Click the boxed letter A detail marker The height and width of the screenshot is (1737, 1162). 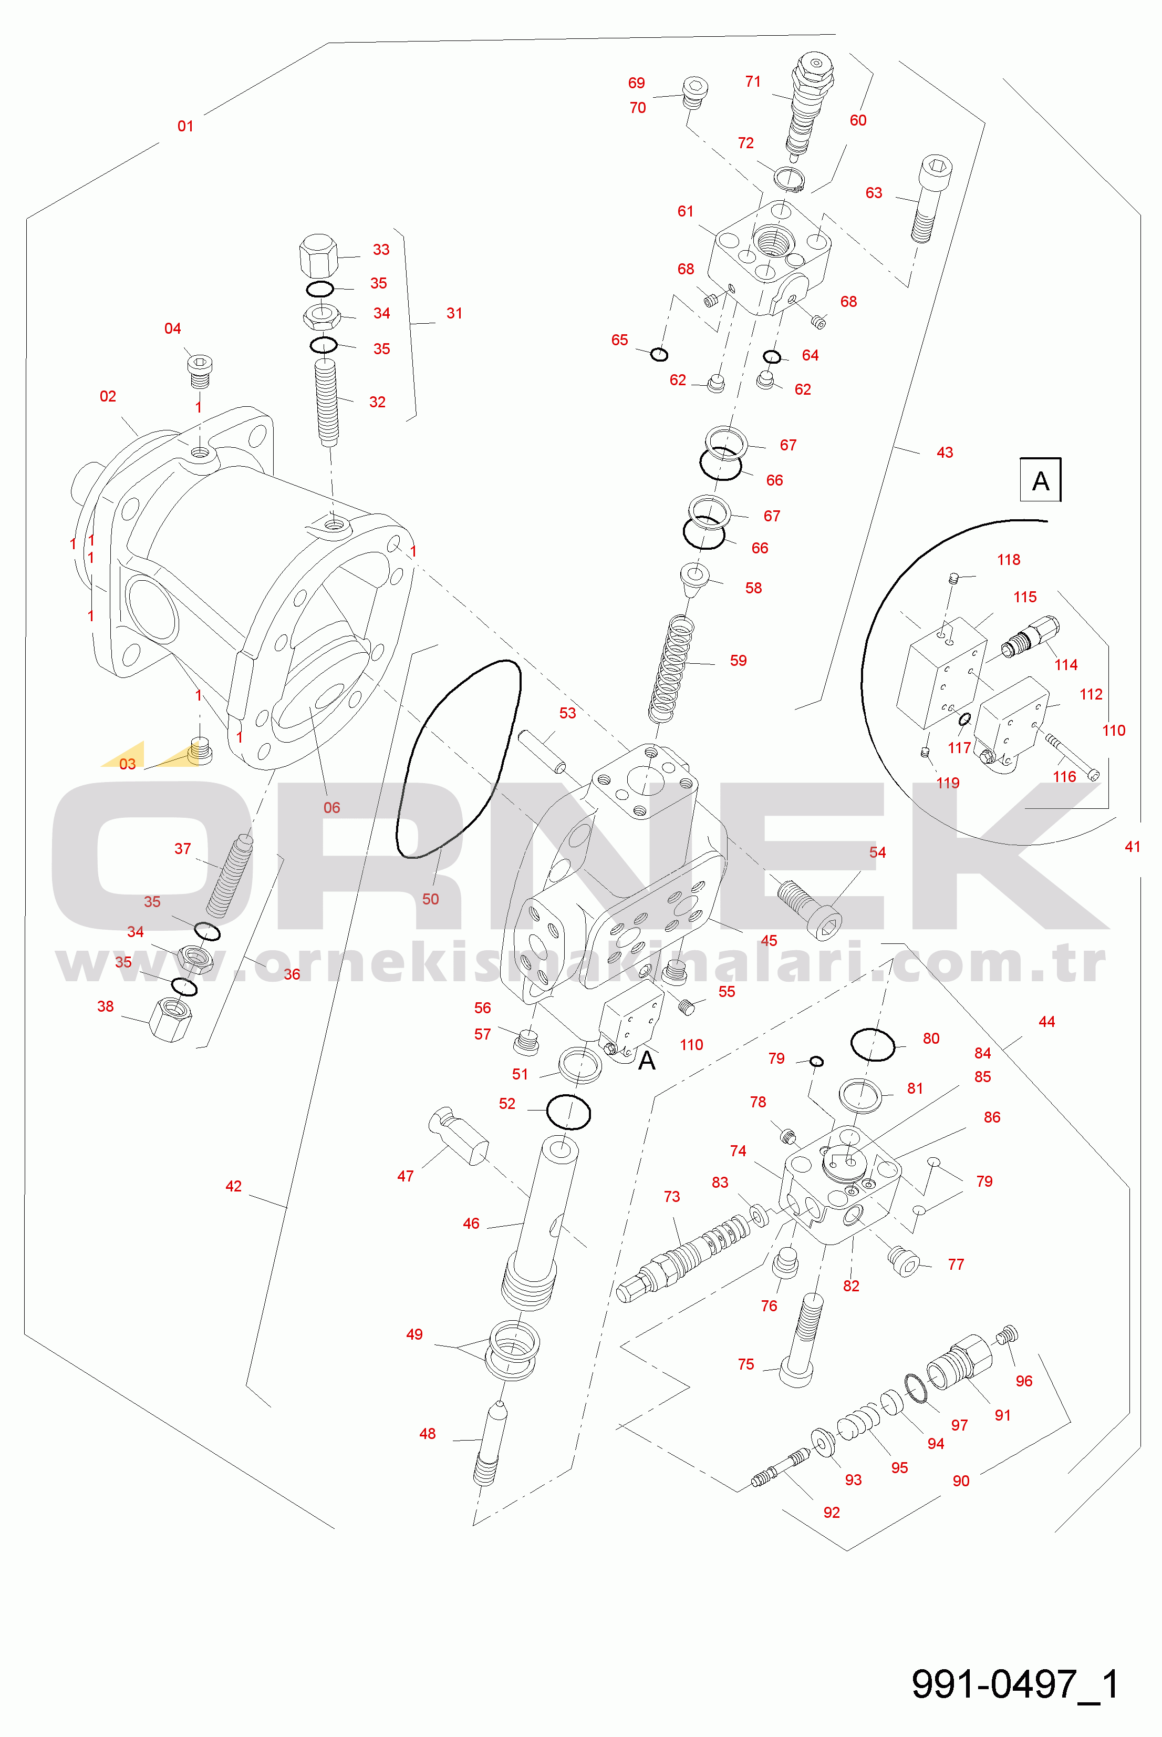[x=1041, y=480]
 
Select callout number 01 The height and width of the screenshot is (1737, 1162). [x=185, y=126]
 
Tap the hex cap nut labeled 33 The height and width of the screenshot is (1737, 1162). [x=319, y=256]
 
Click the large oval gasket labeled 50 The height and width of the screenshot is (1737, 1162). [x=459, y=758]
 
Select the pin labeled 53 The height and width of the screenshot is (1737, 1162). [x=543, y=751]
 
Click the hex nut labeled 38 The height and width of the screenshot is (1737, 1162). [x=170, y=1020]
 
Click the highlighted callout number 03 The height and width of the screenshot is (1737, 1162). [x=128, y=764]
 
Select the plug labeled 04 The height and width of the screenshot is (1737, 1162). [x=199, y=370]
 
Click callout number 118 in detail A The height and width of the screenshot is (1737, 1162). [x=1008, y=560]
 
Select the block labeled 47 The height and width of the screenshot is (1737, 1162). [x=457, y=1136]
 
